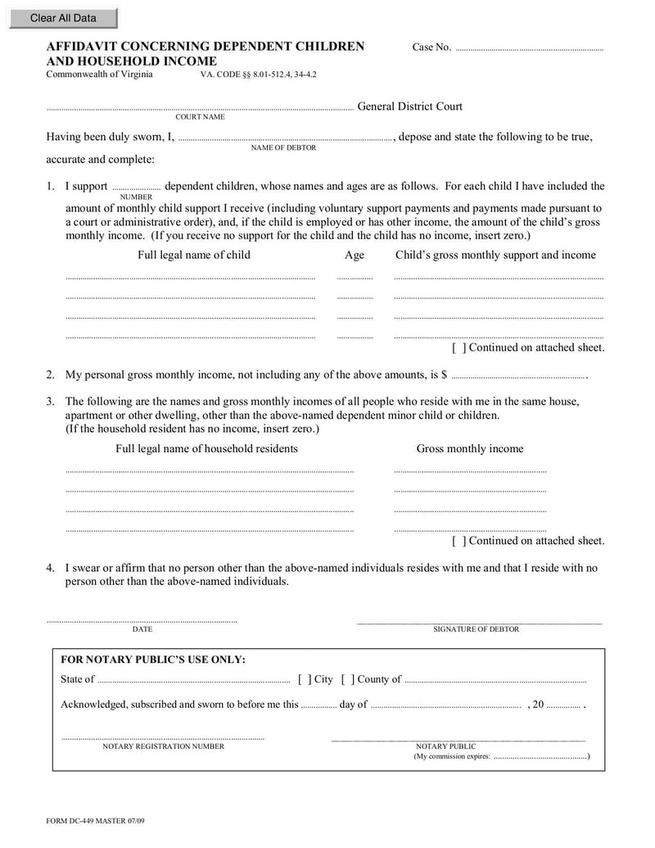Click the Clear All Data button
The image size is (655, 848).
click(x=63, y=18)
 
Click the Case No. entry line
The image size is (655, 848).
click(x=528, y=48)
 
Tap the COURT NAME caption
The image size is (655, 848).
click(x=200, y=117)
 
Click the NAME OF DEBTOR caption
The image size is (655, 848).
click(x=283, y=147)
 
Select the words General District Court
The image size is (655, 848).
click(x=409, y=107)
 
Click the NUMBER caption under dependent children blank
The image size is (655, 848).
click(x=136, y=197)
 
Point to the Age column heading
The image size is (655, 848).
click(x=355, y=255)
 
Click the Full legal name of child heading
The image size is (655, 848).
click(x=194, y=255)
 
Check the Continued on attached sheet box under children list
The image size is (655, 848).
click(x=459, y=347)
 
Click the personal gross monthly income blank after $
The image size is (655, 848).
click(x=517, y=375)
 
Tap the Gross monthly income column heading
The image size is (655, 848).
click(x=469, y=448)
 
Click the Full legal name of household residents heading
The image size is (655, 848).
click(x=206, y=448)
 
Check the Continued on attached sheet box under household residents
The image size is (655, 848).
click(x=459, y=541)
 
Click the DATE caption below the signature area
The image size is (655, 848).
click(x=142, y=629)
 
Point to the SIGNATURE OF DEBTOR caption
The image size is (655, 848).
click(x=476, y=629)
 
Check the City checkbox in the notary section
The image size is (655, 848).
click(x=305, y=679)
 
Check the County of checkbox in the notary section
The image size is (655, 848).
click(x=347, y=679)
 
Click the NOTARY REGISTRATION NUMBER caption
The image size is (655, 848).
click(x=163, y=746)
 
